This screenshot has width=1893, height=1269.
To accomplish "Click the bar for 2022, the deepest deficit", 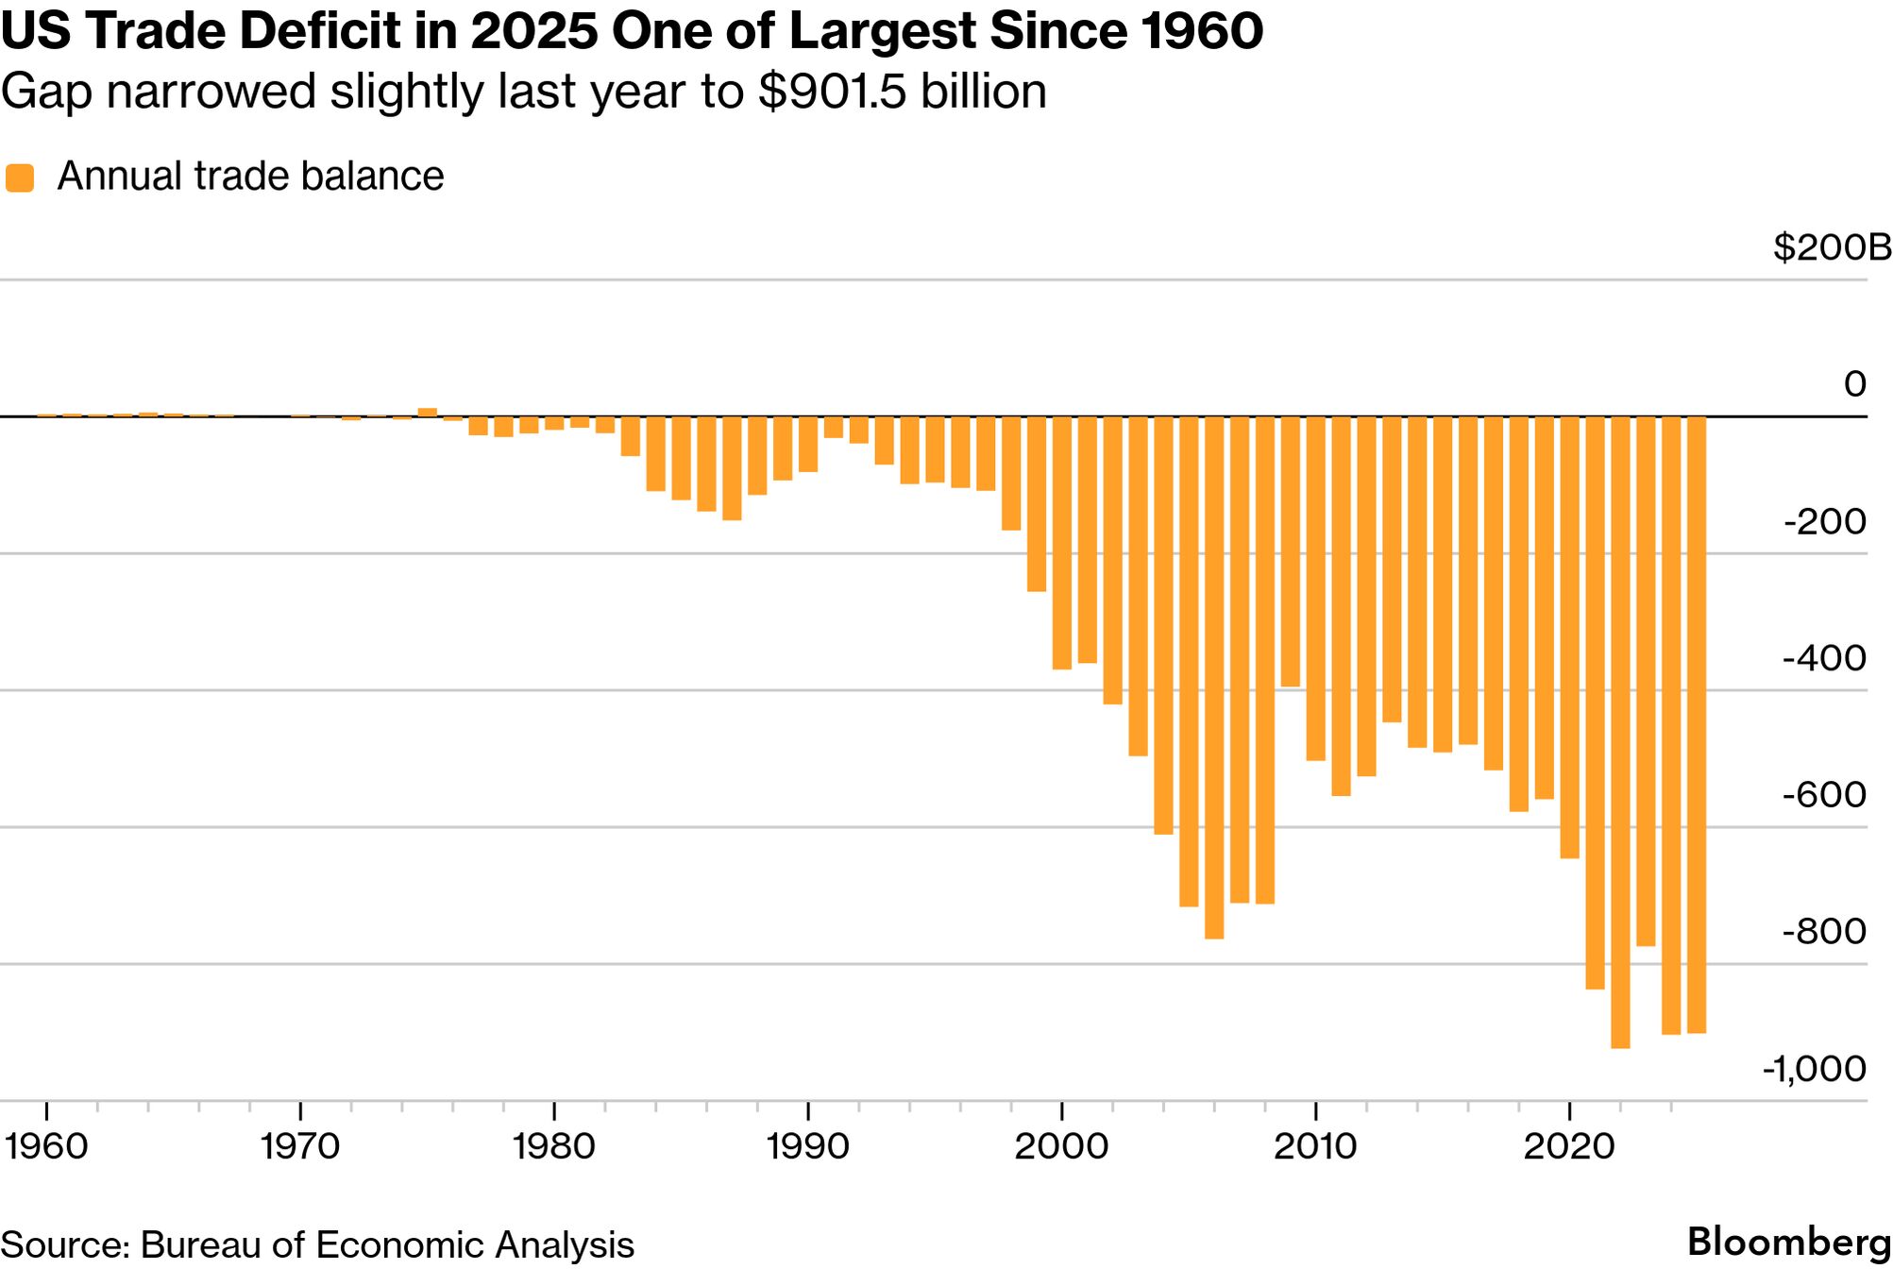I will [1620, 732].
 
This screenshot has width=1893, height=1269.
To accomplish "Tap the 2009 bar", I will [1291, 551].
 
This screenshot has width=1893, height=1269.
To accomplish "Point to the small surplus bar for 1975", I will [428, 412].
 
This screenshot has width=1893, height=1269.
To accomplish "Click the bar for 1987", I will [732, 468].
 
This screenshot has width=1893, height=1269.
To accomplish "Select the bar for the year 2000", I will [1062, 543].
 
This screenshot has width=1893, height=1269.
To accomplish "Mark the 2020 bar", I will [1570, 637].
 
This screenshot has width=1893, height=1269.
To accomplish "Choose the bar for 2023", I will [1646, 681].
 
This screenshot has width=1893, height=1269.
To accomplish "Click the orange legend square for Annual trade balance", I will [20, 178].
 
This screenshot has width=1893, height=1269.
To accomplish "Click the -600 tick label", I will [1824, 795].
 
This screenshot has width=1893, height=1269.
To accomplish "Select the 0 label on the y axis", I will [1855, 383].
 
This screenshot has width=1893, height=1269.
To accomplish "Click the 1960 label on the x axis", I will [46, 1146].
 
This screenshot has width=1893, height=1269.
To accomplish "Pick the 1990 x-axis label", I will [808, 1146].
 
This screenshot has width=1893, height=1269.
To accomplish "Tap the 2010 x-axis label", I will [1315, 1146].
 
